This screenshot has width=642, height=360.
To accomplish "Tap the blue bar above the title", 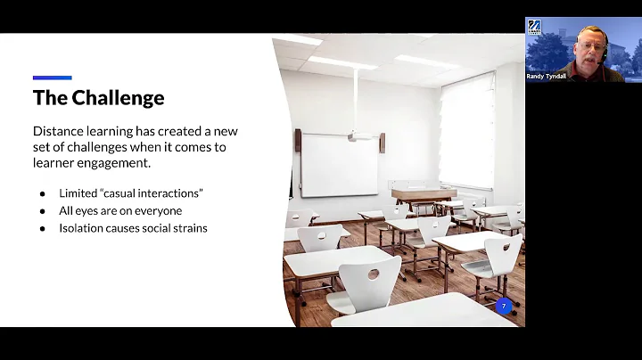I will click(x=52, y=78).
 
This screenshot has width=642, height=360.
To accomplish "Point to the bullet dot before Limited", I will click(x=42, y=192).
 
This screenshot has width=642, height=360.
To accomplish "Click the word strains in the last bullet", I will click(x=189, y=228).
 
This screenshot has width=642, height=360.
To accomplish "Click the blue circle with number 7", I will click(x=504, y=307).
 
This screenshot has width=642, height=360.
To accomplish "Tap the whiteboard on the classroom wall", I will click(x=339, y=164).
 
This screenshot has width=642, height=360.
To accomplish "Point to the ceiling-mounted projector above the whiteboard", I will click(x=360, y=136).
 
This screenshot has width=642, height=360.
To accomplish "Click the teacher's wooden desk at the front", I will click(x=424, y=194).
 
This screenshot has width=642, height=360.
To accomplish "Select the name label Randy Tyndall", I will click(x=547, y=77).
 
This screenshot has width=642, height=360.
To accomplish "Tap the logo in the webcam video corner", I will click(x=534, y=25).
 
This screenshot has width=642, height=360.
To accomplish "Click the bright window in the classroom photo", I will click(x=466, y=133).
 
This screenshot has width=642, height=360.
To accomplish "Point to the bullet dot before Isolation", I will click(x=42, y=228).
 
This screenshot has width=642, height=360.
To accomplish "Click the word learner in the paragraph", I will click(x=57, y=163).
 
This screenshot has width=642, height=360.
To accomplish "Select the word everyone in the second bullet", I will click(x=159, y=210).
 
